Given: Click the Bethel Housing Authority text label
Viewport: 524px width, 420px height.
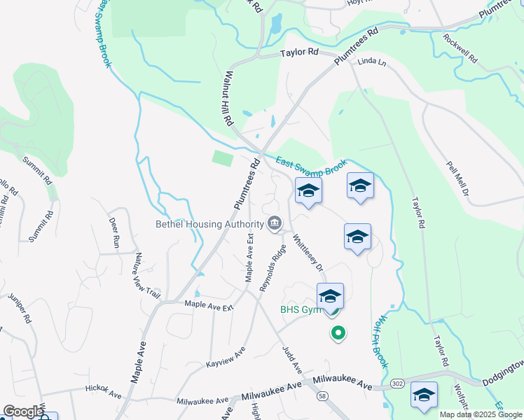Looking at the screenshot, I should tap(209, 225).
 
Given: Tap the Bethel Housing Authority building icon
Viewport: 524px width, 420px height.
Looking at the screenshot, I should tap(275, 224).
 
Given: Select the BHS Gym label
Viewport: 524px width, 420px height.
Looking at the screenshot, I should tap(301, 309).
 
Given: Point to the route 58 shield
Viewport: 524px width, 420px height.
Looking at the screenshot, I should tap(322, 396).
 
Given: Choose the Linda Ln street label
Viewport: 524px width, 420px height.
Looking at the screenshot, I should tap(372, 62).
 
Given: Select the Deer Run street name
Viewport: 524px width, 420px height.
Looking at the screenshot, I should tap(113, 233).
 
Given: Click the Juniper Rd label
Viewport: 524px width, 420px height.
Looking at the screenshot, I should tap(20, 309).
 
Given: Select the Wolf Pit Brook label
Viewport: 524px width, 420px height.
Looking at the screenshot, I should tap(376, 341).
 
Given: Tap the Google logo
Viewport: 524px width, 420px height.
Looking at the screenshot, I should tap(23, 412).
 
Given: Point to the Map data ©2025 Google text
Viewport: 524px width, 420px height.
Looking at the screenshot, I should tap(480, 414).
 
